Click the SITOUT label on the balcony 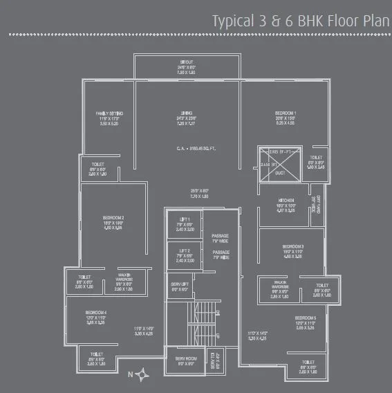click(x=187, y=62)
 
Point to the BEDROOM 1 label click(x=286, y=113)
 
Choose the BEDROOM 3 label click(x=293, y=246)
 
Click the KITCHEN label click(x=286, y=200)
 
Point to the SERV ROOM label click(x=183, y=360)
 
